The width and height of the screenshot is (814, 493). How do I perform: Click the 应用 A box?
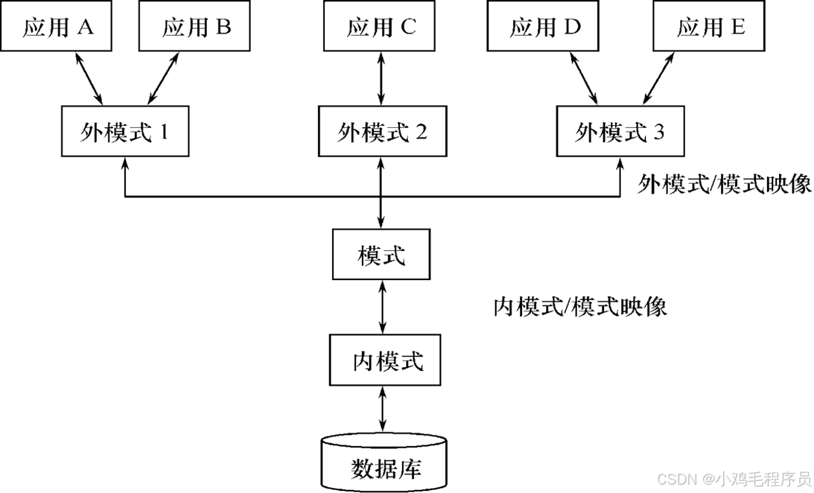[x=57, y=27]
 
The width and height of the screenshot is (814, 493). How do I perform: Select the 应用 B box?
[x=196, y=27]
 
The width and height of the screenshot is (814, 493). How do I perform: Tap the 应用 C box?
[x=382, y=27]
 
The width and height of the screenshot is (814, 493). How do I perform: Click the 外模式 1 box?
[x=125, y=132]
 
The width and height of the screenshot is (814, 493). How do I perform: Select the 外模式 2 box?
[x=382, y=132]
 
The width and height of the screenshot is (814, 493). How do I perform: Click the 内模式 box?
[x=386, y=360]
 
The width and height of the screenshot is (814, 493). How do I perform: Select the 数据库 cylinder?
[x=384, y=463]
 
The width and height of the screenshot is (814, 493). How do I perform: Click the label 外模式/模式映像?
[x=724, y=185]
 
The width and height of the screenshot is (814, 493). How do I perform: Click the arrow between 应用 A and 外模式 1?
[x=89, y=79]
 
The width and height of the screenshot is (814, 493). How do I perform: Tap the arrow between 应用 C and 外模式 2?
[x=382, y=79]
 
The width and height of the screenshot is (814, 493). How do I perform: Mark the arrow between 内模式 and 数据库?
[x=384, y=410]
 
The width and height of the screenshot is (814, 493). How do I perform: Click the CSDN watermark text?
[x=733, y=479]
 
